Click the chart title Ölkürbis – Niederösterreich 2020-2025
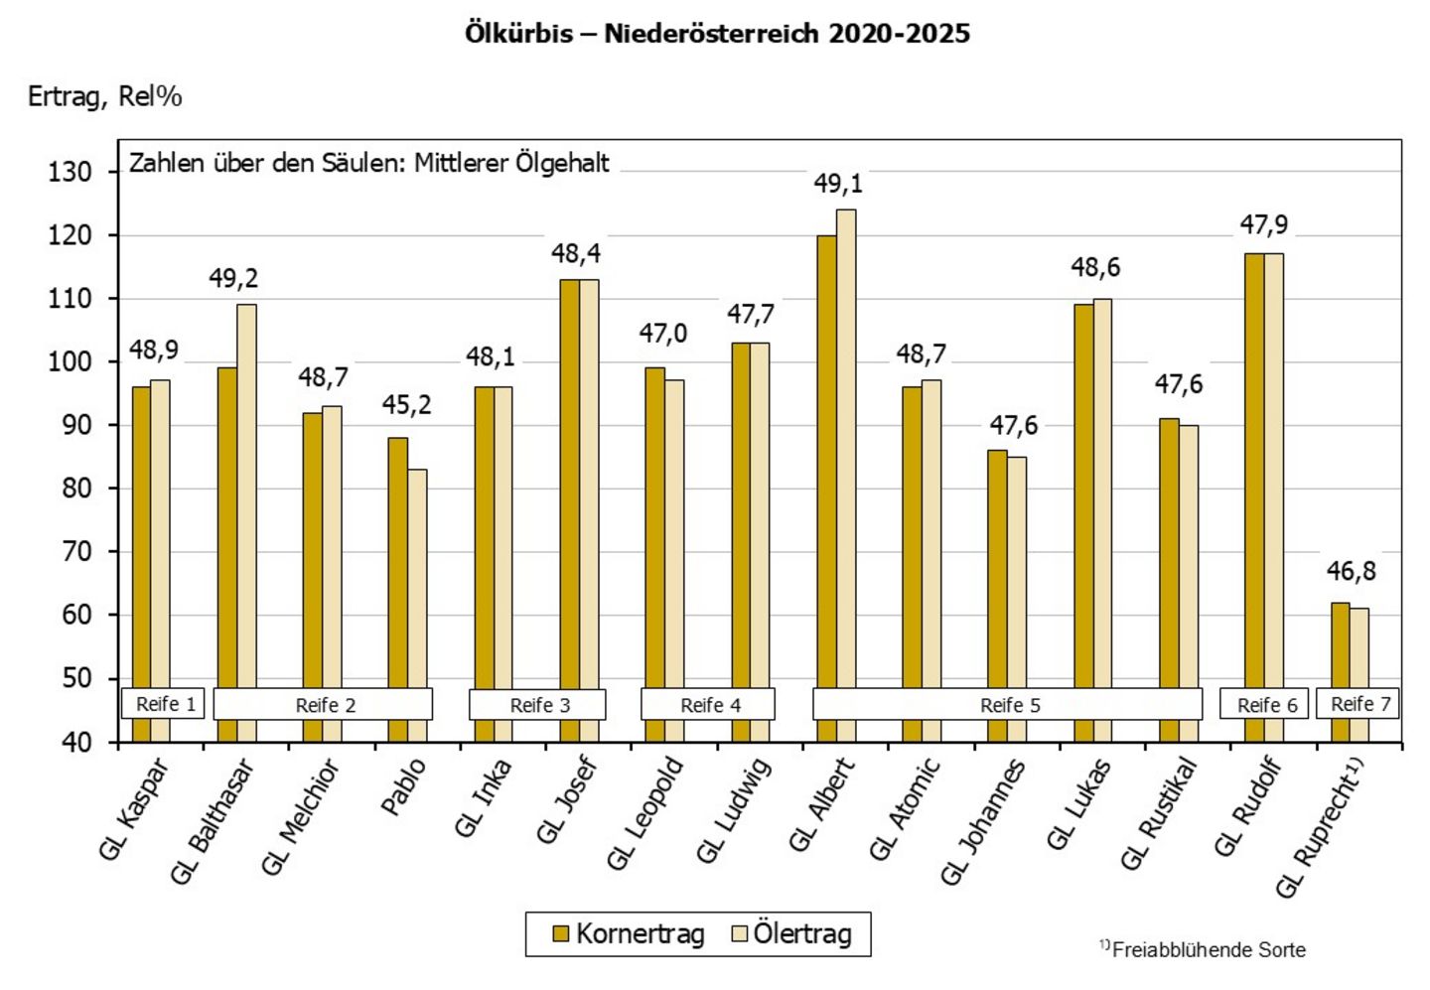(717, 34)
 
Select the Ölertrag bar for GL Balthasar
(246, 496)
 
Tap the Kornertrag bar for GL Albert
(826, 457)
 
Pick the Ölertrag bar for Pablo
(417, 576)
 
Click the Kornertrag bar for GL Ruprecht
(1341, 645)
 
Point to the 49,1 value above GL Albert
(838, 184)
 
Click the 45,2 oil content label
(406, 405)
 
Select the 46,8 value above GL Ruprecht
(1351, 571)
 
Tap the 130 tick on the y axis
(70, 172)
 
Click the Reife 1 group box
(165, 704)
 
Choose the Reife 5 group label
(1009, 705)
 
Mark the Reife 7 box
(1357, 704)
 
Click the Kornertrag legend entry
(628, 934)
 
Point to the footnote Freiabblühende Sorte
(1208, 950)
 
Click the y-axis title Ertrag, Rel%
(105, 96)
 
